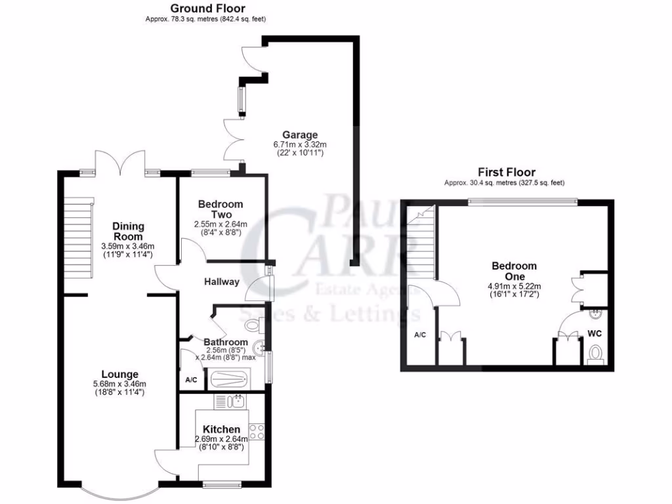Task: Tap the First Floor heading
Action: point(506,173)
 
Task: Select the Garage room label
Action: point(299,135)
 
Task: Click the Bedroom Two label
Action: point(220,209)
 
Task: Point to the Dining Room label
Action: point(128,231)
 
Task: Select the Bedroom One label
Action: point(514,271)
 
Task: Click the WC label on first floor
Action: point(595,333)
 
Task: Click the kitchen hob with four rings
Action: point(257,431)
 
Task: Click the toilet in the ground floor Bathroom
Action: point(252,324)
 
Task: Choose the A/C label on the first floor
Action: point(420,335)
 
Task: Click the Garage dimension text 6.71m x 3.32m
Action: point(299,144)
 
